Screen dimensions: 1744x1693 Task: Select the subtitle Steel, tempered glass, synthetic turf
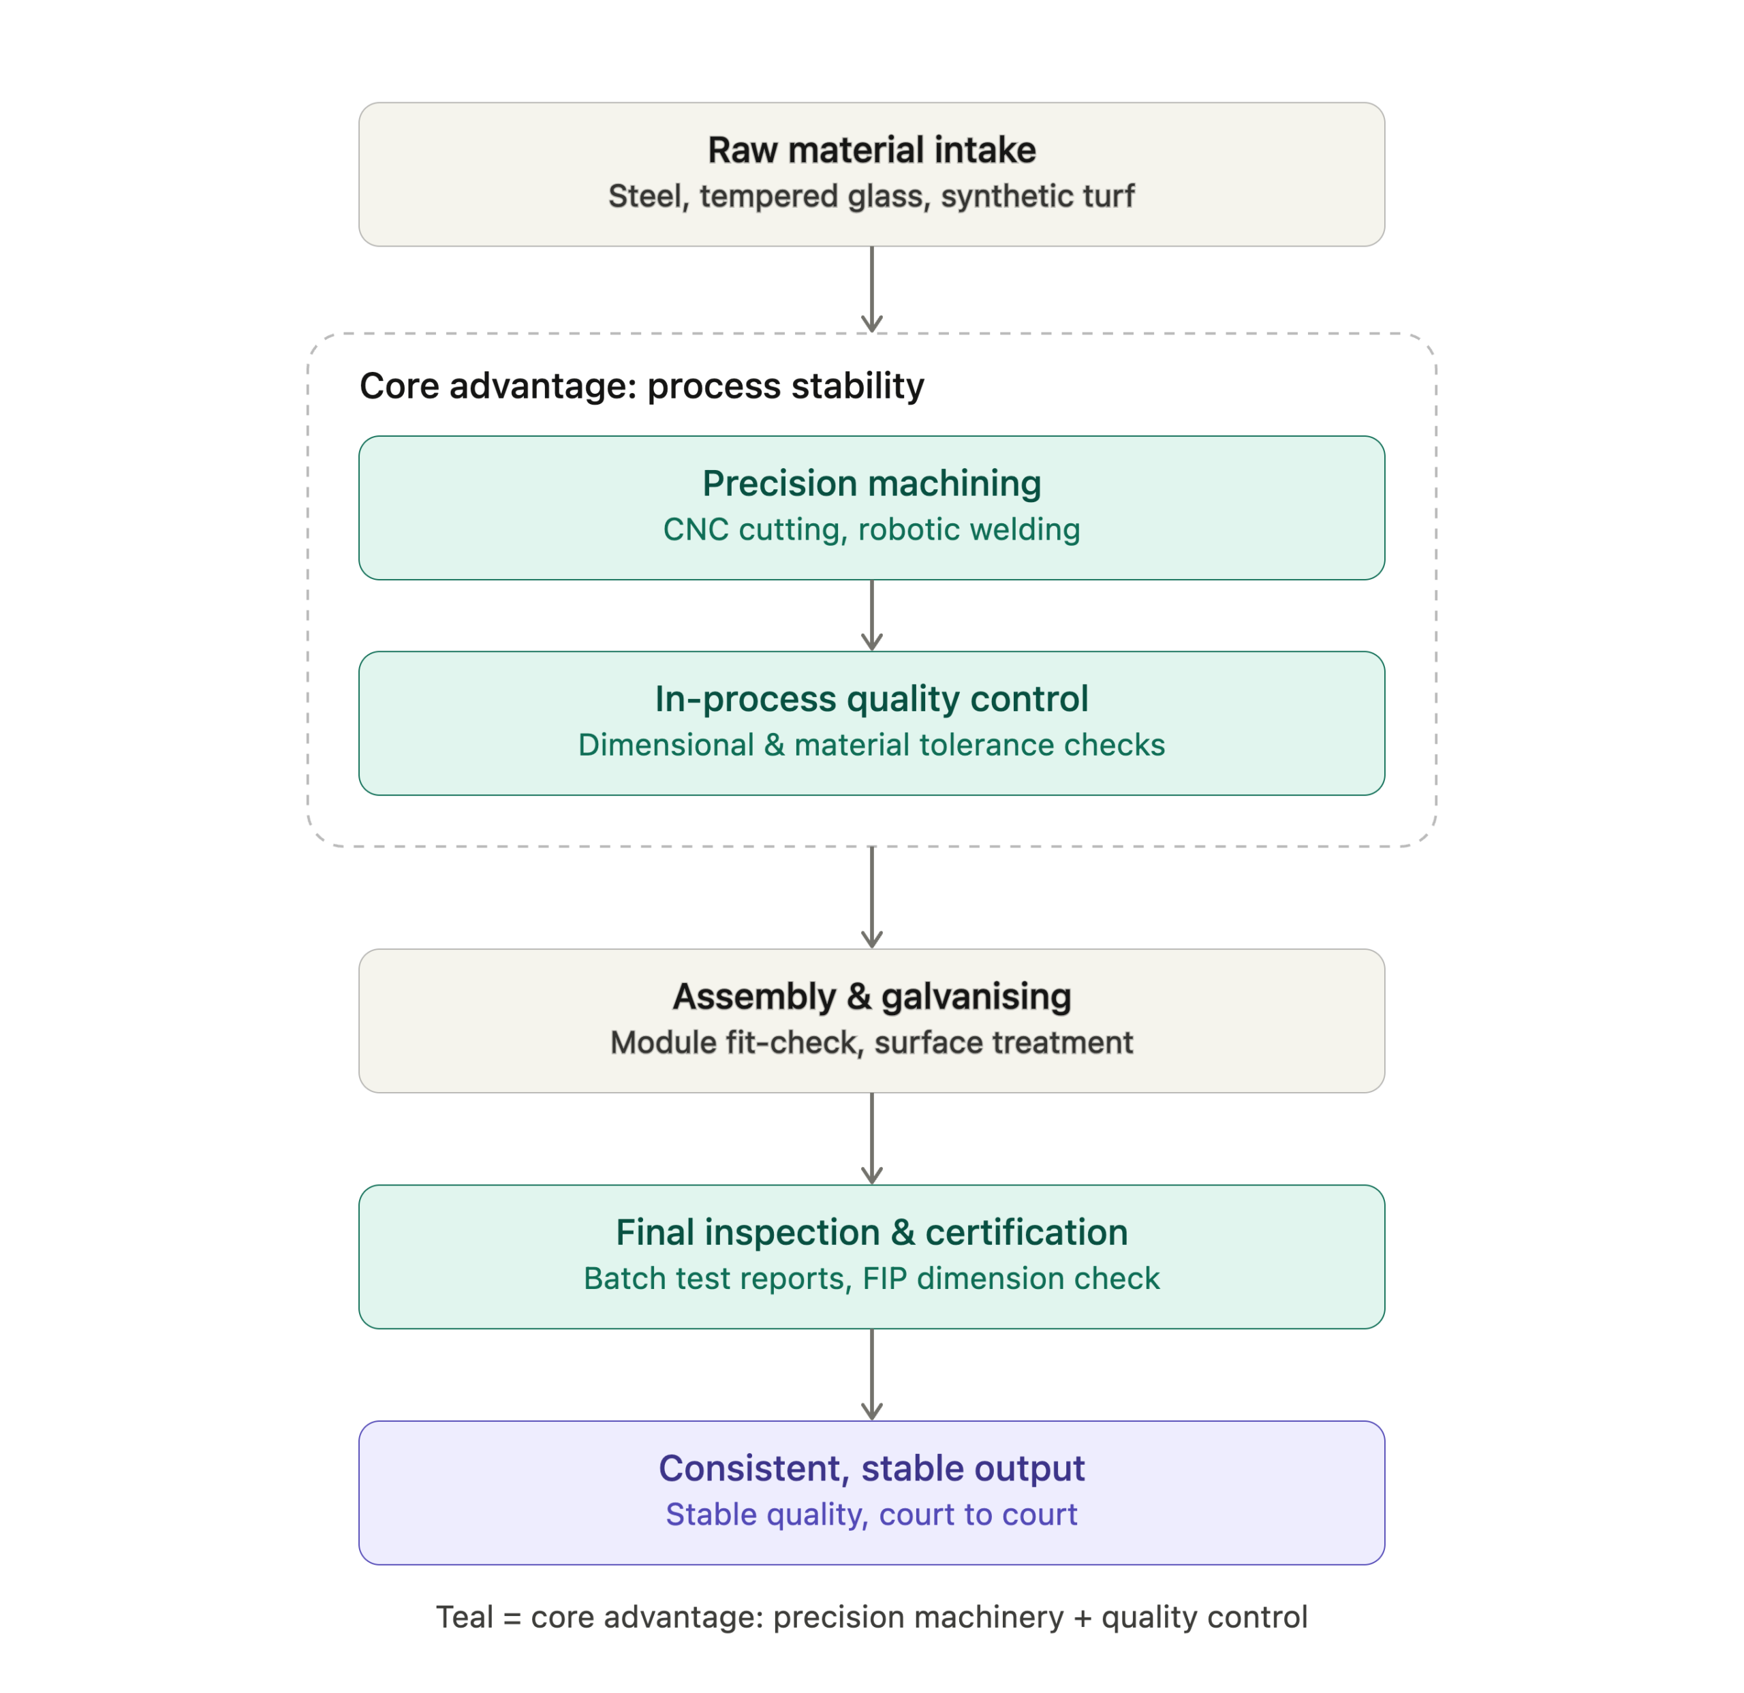tap(871, 196)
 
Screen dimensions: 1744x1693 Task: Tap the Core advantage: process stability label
tap(642, 386)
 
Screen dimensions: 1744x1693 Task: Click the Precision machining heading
tap(871, 483)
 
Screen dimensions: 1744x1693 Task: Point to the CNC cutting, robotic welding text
tap(871, 529)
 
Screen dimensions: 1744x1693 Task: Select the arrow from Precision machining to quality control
tap(871, 616)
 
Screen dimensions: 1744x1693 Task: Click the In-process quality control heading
tap(871, 699)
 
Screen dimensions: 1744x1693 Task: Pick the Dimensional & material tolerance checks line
tap(871, 745)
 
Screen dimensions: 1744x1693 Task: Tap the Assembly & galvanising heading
tap(871, 997)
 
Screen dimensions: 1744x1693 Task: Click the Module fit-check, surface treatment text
tap(871, 1042)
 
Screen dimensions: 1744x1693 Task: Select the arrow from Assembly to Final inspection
tap(871, 1138)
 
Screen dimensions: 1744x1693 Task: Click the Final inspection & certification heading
tap(871, 1232)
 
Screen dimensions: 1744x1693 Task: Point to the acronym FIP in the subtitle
tap(884, 1278)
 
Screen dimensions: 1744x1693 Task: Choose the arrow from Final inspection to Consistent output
tap(871, 1375)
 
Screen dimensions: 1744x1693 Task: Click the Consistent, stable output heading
tap(871, 1469)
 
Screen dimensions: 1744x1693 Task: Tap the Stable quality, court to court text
tap(871, 1515)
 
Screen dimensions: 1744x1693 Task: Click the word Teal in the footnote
tap(465, 1617)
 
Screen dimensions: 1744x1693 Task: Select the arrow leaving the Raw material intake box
tap(871, 289)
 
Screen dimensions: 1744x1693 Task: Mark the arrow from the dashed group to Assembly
tap(871, 897)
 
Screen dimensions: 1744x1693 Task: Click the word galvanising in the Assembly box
tap(976, 997)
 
